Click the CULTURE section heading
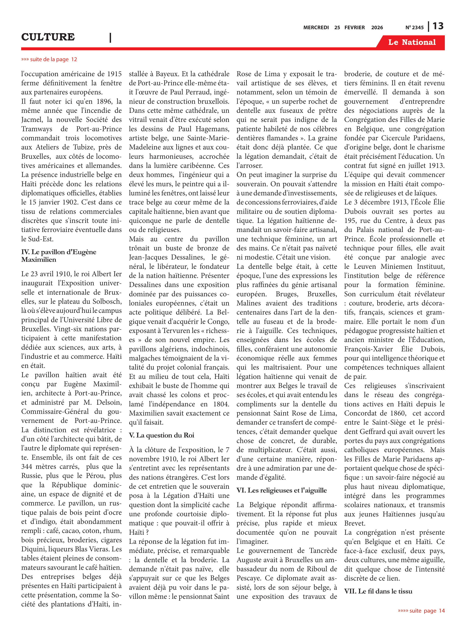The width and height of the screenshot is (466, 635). click(x=48, y=37)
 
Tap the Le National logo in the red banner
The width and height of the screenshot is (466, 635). click(x=412, y=42)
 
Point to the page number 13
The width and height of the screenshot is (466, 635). click(x=438, y=26)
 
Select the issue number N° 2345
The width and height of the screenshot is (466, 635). click(x=414, y=28)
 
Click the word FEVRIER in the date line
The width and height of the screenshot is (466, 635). click(x=354, y=28)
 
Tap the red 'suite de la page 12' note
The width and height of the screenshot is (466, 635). click(x=49, y=59)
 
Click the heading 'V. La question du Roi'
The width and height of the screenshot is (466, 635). click(x=161, y=435)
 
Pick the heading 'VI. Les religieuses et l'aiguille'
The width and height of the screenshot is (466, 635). click(x=281, y=490)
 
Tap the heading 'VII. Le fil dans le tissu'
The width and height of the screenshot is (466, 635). click(x=378, y=591)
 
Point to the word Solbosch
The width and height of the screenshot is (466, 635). click(x=105, y=302)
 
